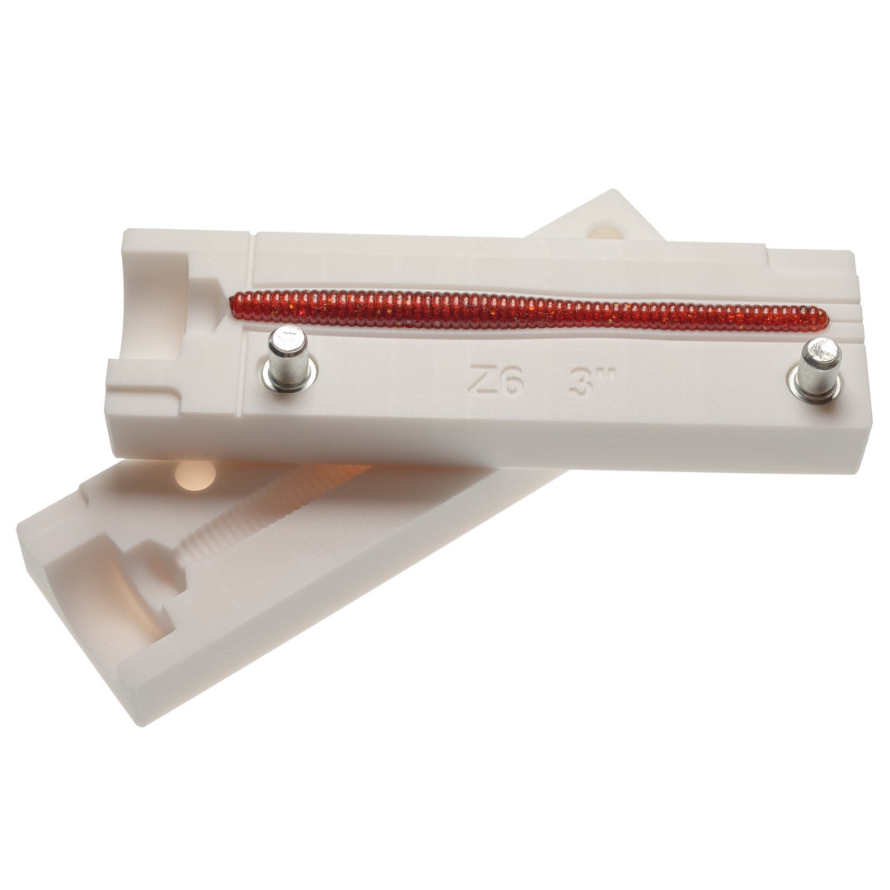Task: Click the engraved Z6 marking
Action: [495, 378]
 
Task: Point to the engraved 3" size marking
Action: [593, 382]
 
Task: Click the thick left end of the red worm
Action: [237, 305]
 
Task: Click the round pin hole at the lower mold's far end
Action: [607, 231]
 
